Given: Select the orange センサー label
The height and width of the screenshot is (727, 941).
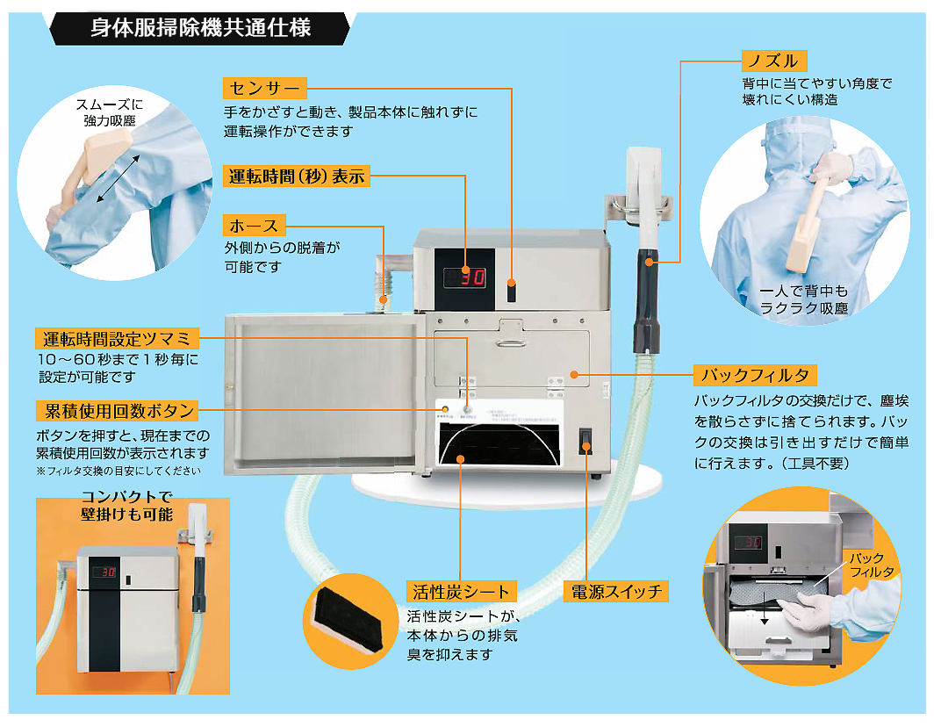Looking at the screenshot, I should [x=265, y=88].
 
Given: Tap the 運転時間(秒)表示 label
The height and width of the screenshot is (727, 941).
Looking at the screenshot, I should [x=297, y=176].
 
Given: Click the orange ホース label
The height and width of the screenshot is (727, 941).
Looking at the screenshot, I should [x=254, y=226].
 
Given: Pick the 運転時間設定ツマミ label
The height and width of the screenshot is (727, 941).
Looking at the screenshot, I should [x=119, y=339].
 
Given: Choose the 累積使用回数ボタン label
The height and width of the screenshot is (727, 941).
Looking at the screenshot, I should [x=116, y=410].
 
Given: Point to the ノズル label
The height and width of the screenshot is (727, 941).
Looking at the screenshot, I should [x=771, y=61].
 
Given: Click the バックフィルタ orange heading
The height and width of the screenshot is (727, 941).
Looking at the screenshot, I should [x=756, y=376].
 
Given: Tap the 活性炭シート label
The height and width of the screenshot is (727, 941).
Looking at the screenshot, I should [x=461, y=591].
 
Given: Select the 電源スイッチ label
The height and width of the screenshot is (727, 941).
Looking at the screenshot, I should [x=614, y=591].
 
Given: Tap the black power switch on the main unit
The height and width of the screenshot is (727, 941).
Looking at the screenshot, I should [x=585, y=442].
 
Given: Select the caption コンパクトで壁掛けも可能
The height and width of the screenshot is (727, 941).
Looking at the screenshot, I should [x=126, y=507].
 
